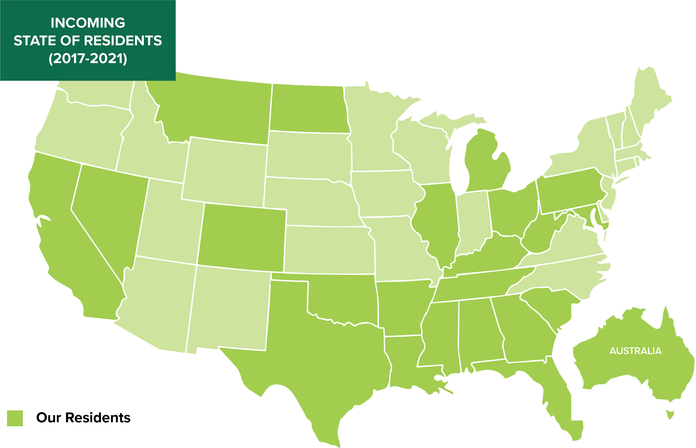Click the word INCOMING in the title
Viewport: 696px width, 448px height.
click(x=88, y=23)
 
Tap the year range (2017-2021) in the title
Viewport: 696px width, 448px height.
click(x=88, y=59)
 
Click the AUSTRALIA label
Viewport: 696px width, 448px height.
click(x=635, y=351)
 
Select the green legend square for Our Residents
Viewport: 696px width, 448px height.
click(x=15, y=418)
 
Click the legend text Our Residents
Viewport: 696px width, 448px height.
click(x=83, y=418)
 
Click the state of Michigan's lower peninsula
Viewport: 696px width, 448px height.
click(x=486, y=166)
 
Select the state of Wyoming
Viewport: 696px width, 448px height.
click(x=225, y=172)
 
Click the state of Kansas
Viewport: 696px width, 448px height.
click(x=329, y=250)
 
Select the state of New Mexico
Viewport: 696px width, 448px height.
click(x=229, y=308)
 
